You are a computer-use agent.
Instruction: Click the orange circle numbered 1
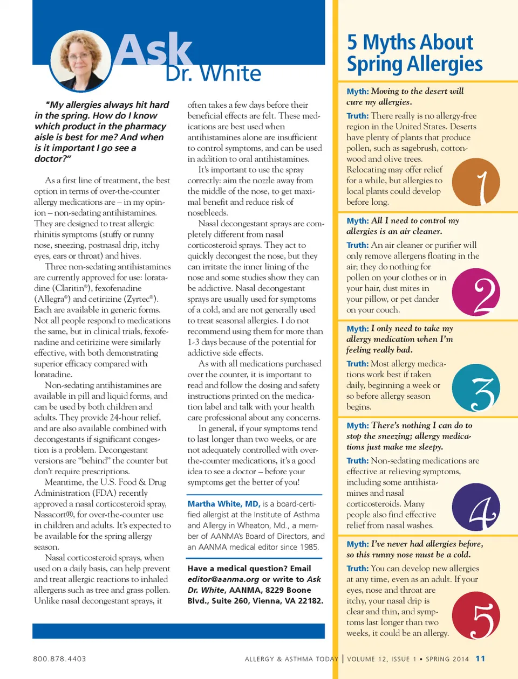pos(475,182)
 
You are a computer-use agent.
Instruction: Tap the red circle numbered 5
pos(475,615)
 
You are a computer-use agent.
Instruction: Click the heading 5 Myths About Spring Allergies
pos(414,53)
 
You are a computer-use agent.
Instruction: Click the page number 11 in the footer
pos(480,659)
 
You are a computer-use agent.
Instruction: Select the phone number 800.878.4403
pos(59,659)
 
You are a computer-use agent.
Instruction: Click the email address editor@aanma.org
pos(216,579)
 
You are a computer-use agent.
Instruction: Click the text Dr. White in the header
pos(213,73)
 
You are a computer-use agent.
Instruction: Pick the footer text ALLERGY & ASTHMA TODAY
pos(291,659)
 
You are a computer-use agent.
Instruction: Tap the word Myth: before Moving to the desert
pos(357,92)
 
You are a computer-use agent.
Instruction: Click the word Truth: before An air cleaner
pos(357,245)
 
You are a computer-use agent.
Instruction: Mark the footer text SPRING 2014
pos(447,659)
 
